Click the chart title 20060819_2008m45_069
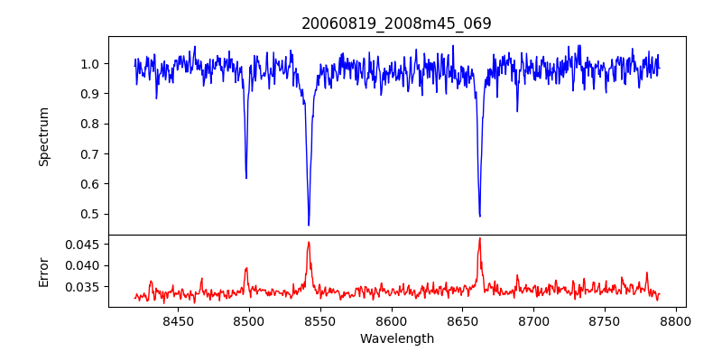point(396,23)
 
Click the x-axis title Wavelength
point(396,339)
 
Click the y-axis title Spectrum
point(43,136)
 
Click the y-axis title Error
point(43,270)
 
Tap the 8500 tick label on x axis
point(249,321)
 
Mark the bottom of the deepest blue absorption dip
point(309,225)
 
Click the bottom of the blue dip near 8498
point(246,178)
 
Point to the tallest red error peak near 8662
point(479,238)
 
